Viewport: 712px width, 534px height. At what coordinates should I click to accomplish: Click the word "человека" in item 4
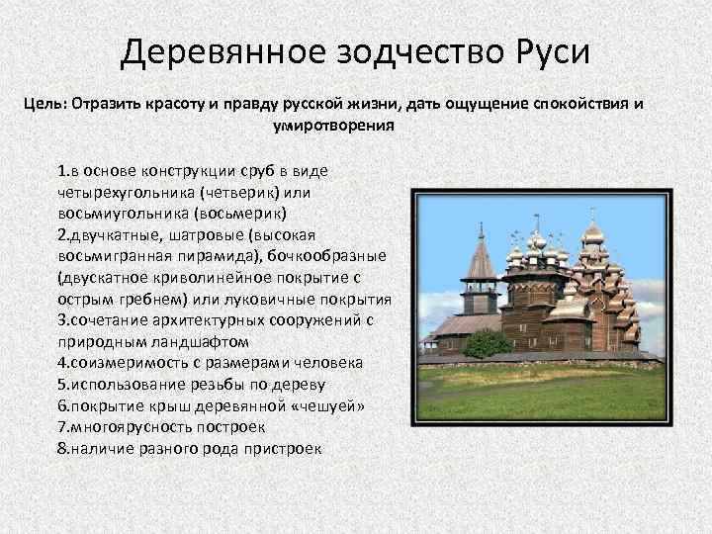coord(330,362)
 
